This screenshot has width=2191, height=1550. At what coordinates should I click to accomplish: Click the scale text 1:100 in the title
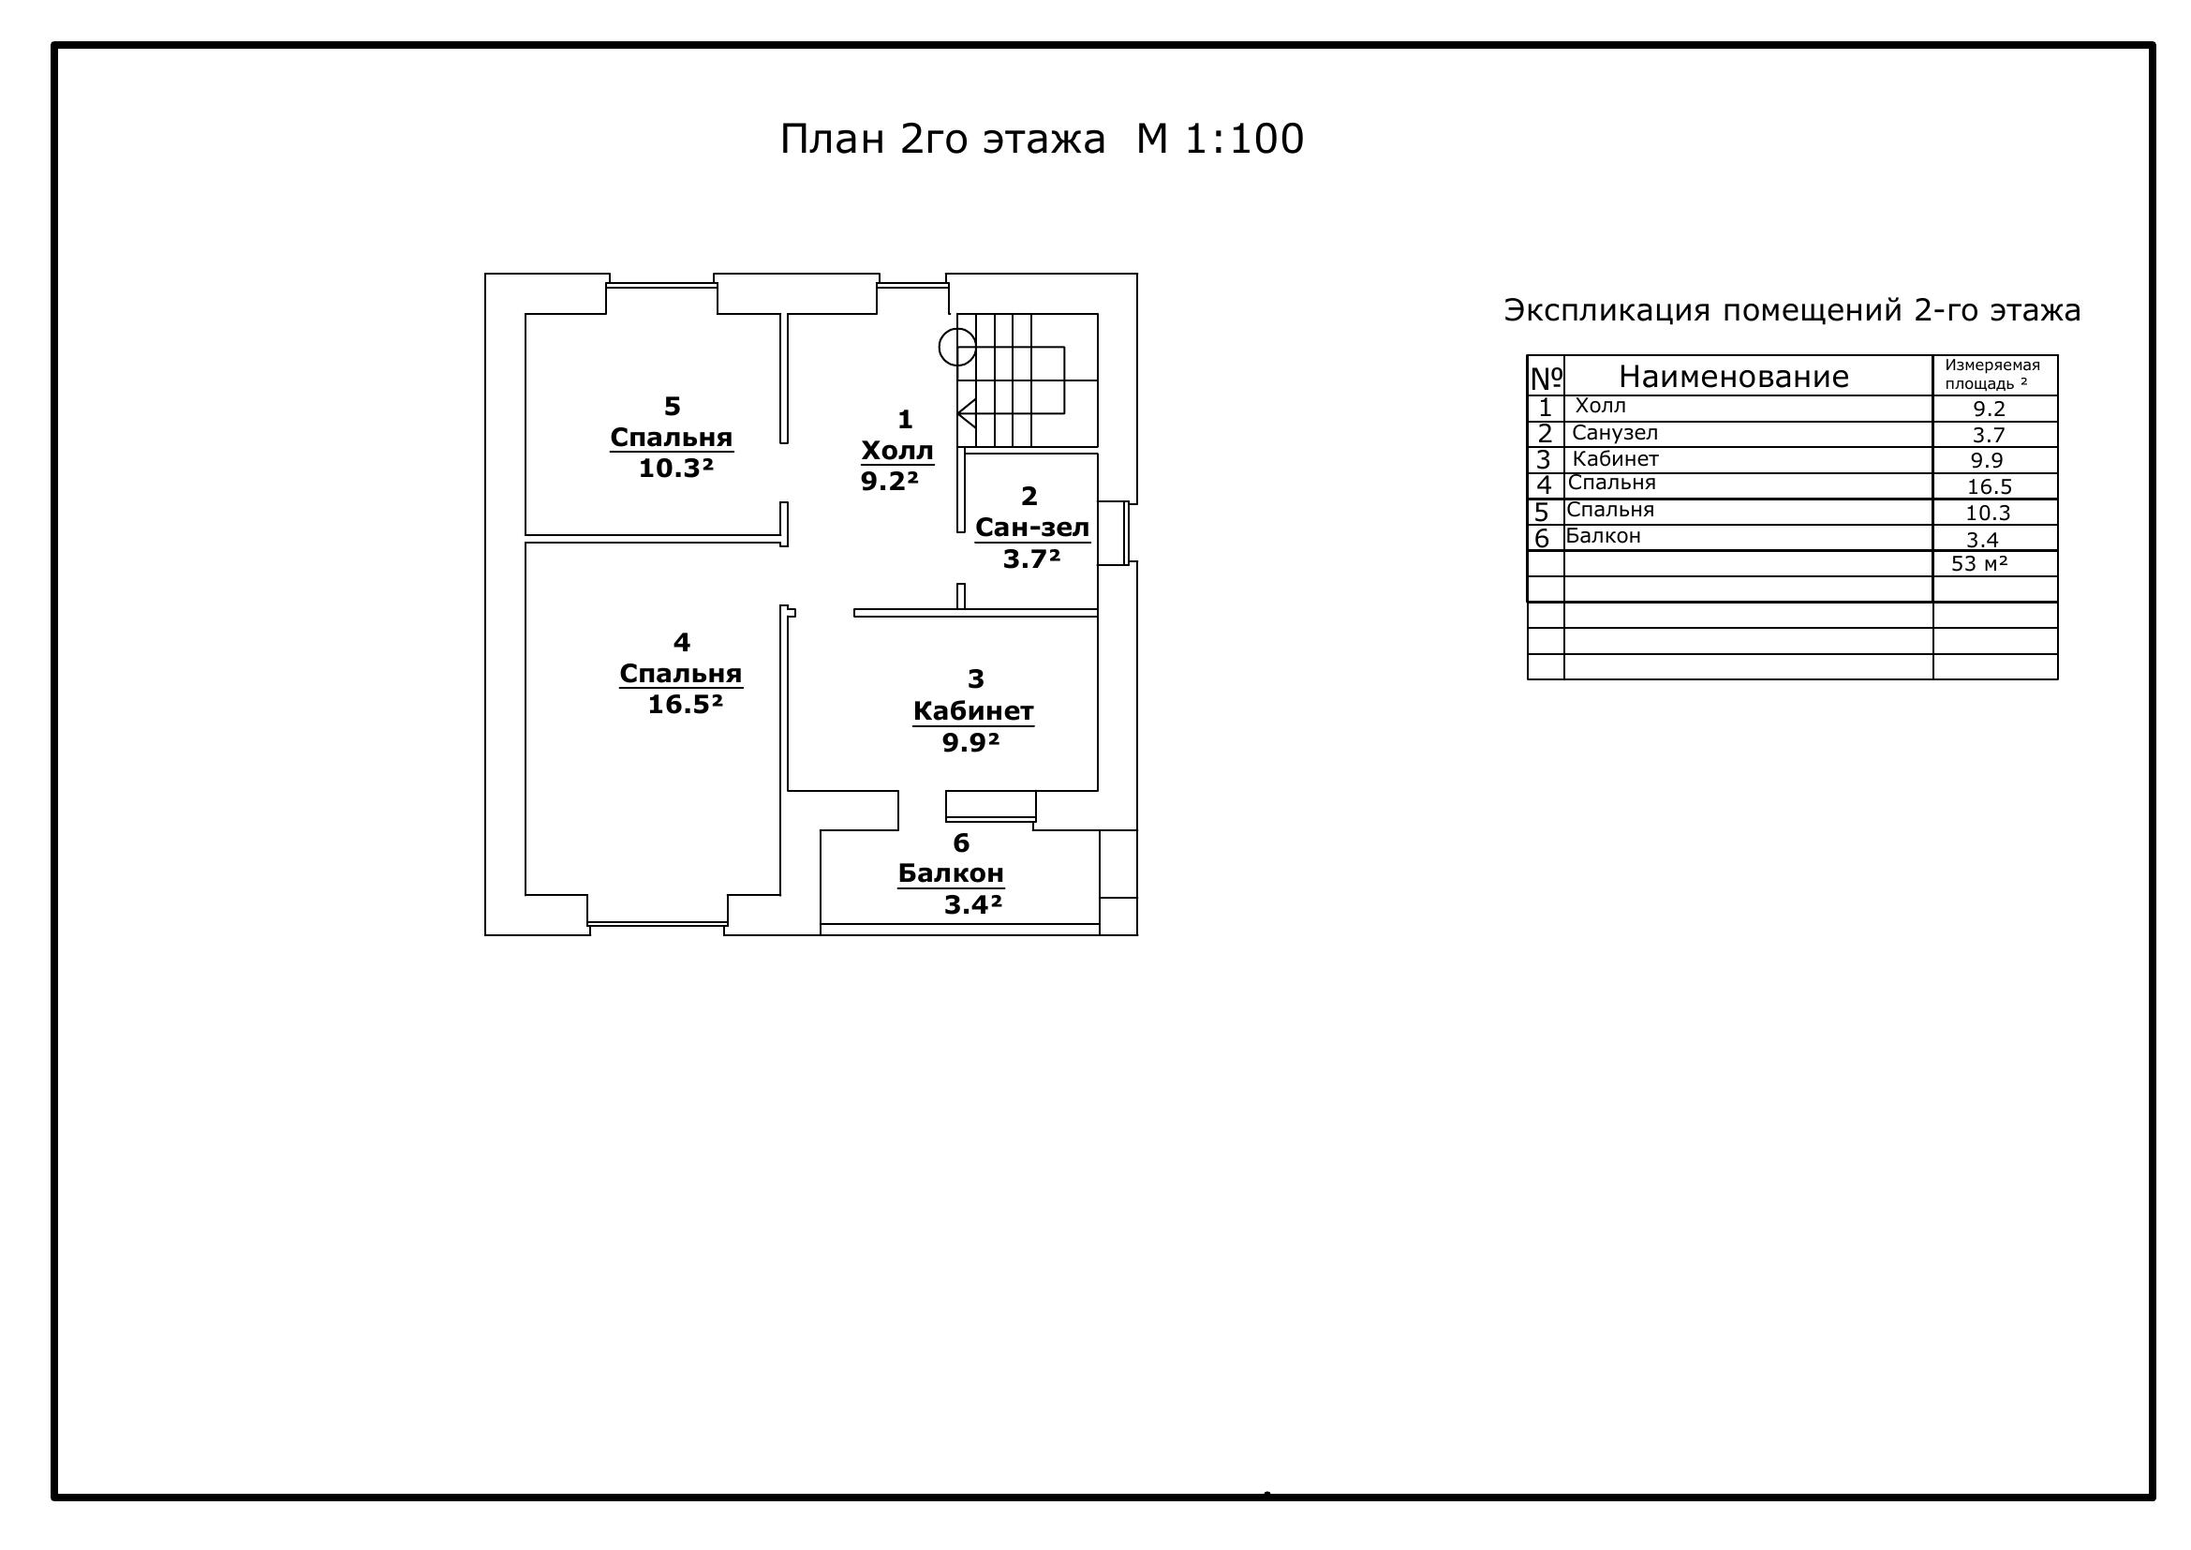click(x=1244, y=140)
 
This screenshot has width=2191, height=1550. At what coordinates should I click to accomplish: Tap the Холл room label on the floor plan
click(x=897, y=450)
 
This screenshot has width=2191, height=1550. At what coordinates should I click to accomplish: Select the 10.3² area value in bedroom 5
click(x=675, y=469)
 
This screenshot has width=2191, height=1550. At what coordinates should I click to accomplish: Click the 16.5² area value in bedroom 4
click(x=685, y=705)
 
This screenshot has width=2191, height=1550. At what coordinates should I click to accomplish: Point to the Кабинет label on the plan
click(x=973, y=711)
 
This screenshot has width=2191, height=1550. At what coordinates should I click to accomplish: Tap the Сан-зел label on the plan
click(x=1032, y=527)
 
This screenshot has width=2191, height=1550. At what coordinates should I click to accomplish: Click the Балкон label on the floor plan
click(x=951, y=873)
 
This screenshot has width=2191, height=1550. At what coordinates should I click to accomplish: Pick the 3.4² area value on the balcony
click(x=973, y=905)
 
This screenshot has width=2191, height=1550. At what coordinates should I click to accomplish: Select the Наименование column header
click(x=1734, y=377)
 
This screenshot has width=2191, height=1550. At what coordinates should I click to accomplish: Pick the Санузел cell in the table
click(x=1615, y=432)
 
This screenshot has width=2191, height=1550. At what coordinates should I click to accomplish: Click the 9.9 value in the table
click(x=1988, y=460)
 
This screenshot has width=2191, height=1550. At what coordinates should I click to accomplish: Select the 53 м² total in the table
click(x=1979, y=563)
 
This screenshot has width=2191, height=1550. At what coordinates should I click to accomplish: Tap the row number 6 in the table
click(x=1541, y=538)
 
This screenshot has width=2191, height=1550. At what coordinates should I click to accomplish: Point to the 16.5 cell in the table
click(x=1990, y=486)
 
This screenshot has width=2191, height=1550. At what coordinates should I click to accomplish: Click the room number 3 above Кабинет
click(x=975, y=679)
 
